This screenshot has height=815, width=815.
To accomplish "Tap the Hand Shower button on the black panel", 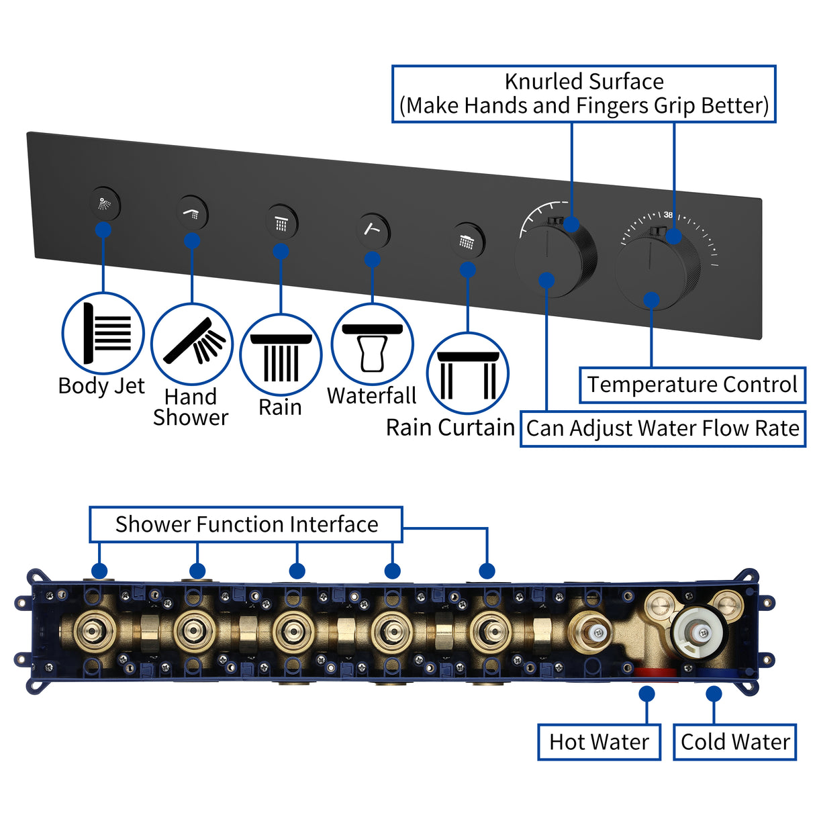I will pyautogui.click(x=192, y=213).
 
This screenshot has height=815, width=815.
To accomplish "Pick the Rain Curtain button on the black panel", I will pyautogui.click(x=467, y=240).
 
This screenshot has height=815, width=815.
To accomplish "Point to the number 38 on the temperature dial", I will pyautogui.click(x=668, y=215).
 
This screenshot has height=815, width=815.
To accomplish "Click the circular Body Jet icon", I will pyautogui.click(x=103, y=333).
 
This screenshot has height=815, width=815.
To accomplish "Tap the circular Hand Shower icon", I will pyautogui.click(x=192, y=344).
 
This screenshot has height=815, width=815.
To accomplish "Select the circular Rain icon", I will pyautogui.click(x=281, y=354).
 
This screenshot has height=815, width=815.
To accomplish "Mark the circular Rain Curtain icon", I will pyautogui.click(x=467, y=373).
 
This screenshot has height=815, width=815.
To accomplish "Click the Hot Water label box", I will pyautogui.click(x=599, y=742).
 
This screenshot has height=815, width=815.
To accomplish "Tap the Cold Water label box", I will pyautogui.click(x=734, y=742).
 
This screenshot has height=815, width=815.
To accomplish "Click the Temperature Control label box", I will pyautogui.click(x=692, y=385).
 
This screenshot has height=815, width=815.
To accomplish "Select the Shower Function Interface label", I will pyautogui.click(x=246, y=524).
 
